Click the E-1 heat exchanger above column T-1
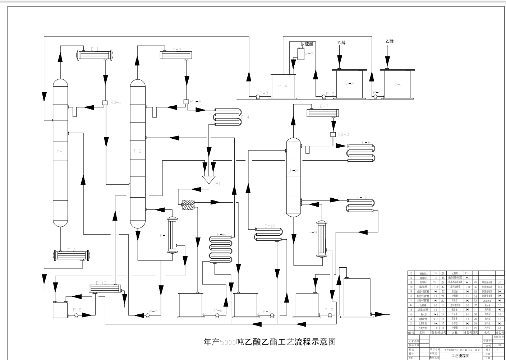(95, 55)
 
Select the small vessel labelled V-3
(301, 54)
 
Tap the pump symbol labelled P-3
(257, 96)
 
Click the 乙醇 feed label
(341, 42)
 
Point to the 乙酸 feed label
(389, 41)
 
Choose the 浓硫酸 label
(307, 44)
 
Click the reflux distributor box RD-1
(105, 102)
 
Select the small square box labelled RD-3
(333, 134)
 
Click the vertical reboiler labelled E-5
(172, 235)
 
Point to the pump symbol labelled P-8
(76, 315)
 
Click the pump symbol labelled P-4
(147, 315)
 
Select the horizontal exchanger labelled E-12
(104, 289)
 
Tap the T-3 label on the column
(294, 170)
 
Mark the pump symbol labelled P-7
(330, 315)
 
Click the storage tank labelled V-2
(349, 84)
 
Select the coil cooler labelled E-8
(361, 152)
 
